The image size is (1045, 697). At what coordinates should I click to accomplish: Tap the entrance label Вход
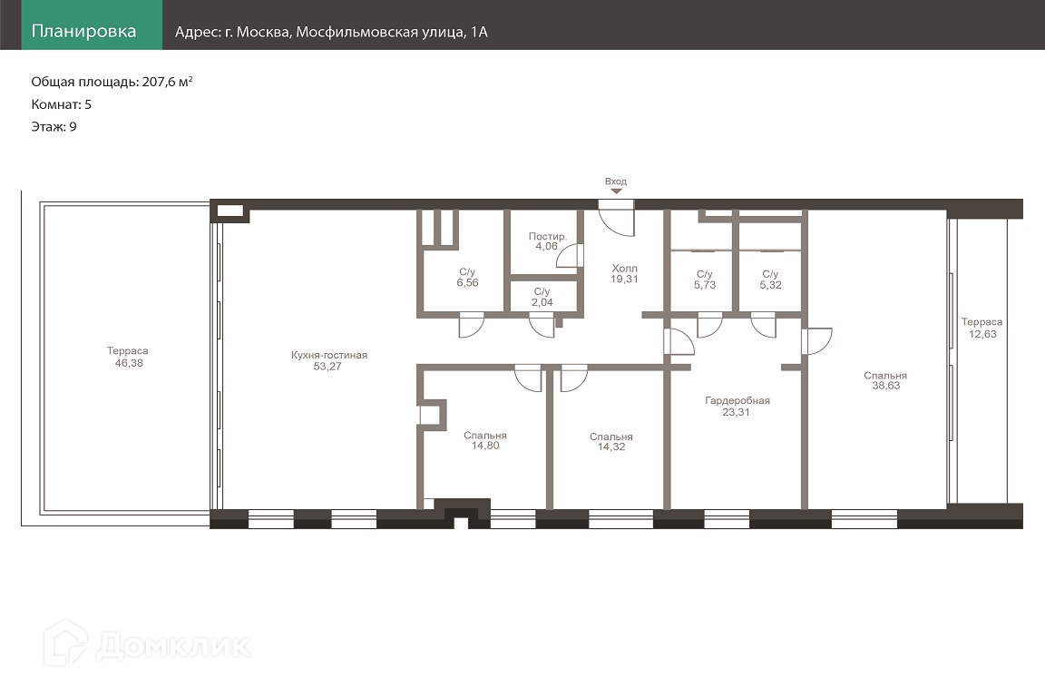pos(616,182)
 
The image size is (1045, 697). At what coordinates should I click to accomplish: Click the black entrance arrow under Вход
pos(617,191)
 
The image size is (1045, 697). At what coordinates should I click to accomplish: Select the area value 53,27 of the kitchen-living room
pos(327,366)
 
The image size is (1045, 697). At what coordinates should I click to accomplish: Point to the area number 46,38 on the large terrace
pos(129,363)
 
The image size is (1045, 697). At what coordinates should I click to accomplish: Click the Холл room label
pos(624,268)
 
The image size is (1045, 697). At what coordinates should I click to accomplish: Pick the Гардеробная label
pos(737,401)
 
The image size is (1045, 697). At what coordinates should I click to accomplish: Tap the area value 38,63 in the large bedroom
pos(885,386)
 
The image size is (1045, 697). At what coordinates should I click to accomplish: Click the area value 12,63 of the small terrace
pos(982,334)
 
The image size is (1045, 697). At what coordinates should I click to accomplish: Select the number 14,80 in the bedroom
pos(485,446)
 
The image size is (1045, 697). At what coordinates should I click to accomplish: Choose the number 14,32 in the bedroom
pos(611,447)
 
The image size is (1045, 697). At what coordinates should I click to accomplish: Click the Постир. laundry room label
pos(548,236)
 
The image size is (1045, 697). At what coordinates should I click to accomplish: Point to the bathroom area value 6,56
pos(467,283)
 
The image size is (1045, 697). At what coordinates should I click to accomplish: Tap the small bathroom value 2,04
pos(542,302)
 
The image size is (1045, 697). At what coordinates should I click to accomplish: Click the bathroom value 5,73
pos(705,285)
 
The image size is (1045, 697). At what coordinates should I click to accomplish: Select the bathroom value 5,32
pos(770,285)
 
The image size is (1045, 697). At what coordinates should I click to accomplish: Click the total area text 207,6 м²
pos(167,82)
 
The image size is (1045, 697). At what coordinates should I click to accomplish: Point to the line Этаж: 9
pos(54,127)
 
